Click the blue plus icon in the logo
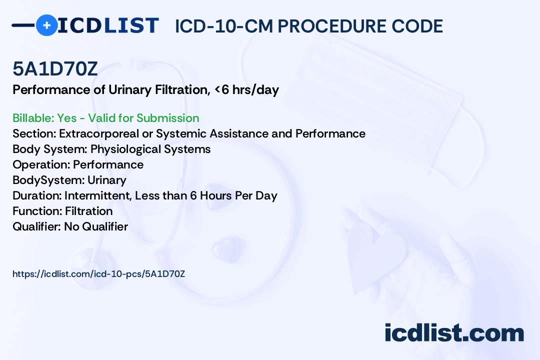(x=46, y=25)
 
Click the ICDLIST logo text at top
(x=108, y=25)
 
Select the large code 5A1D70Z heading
(x=55, y=68)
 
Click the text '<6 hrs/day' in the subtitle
(x=246, y=90)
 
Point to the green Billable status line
(x=105, y=118)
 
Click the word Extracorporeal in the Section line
(x=99, y=133)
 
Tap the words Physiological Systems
(x=150, y=149)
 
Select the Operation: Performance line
(x=78, y=164)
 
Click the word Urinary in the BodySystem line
(x=107, y=180)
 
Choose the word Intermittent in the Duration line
(x=98, y=195)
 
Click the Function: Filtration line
(x=62, y=211)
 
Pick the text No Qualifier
(x=96, y=226)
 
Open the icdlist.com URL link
(x=99, y=274)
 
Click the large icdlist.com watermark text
(x=454, y=332)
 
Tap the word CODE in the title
(x=417, y=26)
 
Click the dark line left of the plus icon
(x=23, y=25)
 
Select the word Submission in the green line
(x=167, y=118)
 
